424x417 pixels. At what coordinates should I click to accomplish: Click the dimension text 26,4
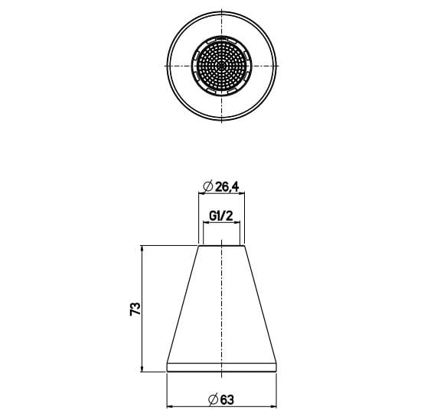click(227, 186)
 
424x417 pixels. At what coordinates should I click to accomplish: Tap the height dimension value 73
click(135, 309)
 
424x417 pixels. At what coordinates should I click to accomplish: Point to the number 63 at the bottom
click(227, 397)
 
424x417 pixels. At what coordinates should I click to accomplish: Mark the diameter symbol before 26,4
click(206, 186)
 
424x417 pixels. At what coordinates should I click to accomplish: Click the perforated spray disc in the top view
click(222, 65)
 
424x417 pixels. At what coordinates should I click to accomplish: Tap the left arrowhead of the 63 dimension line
click(171, 405)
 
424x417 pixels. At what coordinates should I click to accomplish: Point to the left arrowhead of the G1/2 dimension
click(206, 223)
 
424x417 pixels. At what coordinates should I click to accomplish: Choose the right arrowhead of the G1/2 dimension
click(237, 223)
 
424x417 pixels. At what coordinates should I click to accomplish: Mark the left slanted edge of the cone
click(184, 305)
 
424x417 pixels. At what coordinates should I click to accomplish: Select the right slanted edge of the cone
click(259, 305)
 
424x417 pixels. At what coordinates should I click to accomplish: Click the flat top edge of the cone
click(221, 246)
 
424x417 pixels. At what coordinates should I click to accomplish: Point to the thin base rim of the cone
click(221, 368)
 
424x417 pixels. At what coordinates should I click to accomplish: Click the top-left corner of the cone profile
click(199, 246)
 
